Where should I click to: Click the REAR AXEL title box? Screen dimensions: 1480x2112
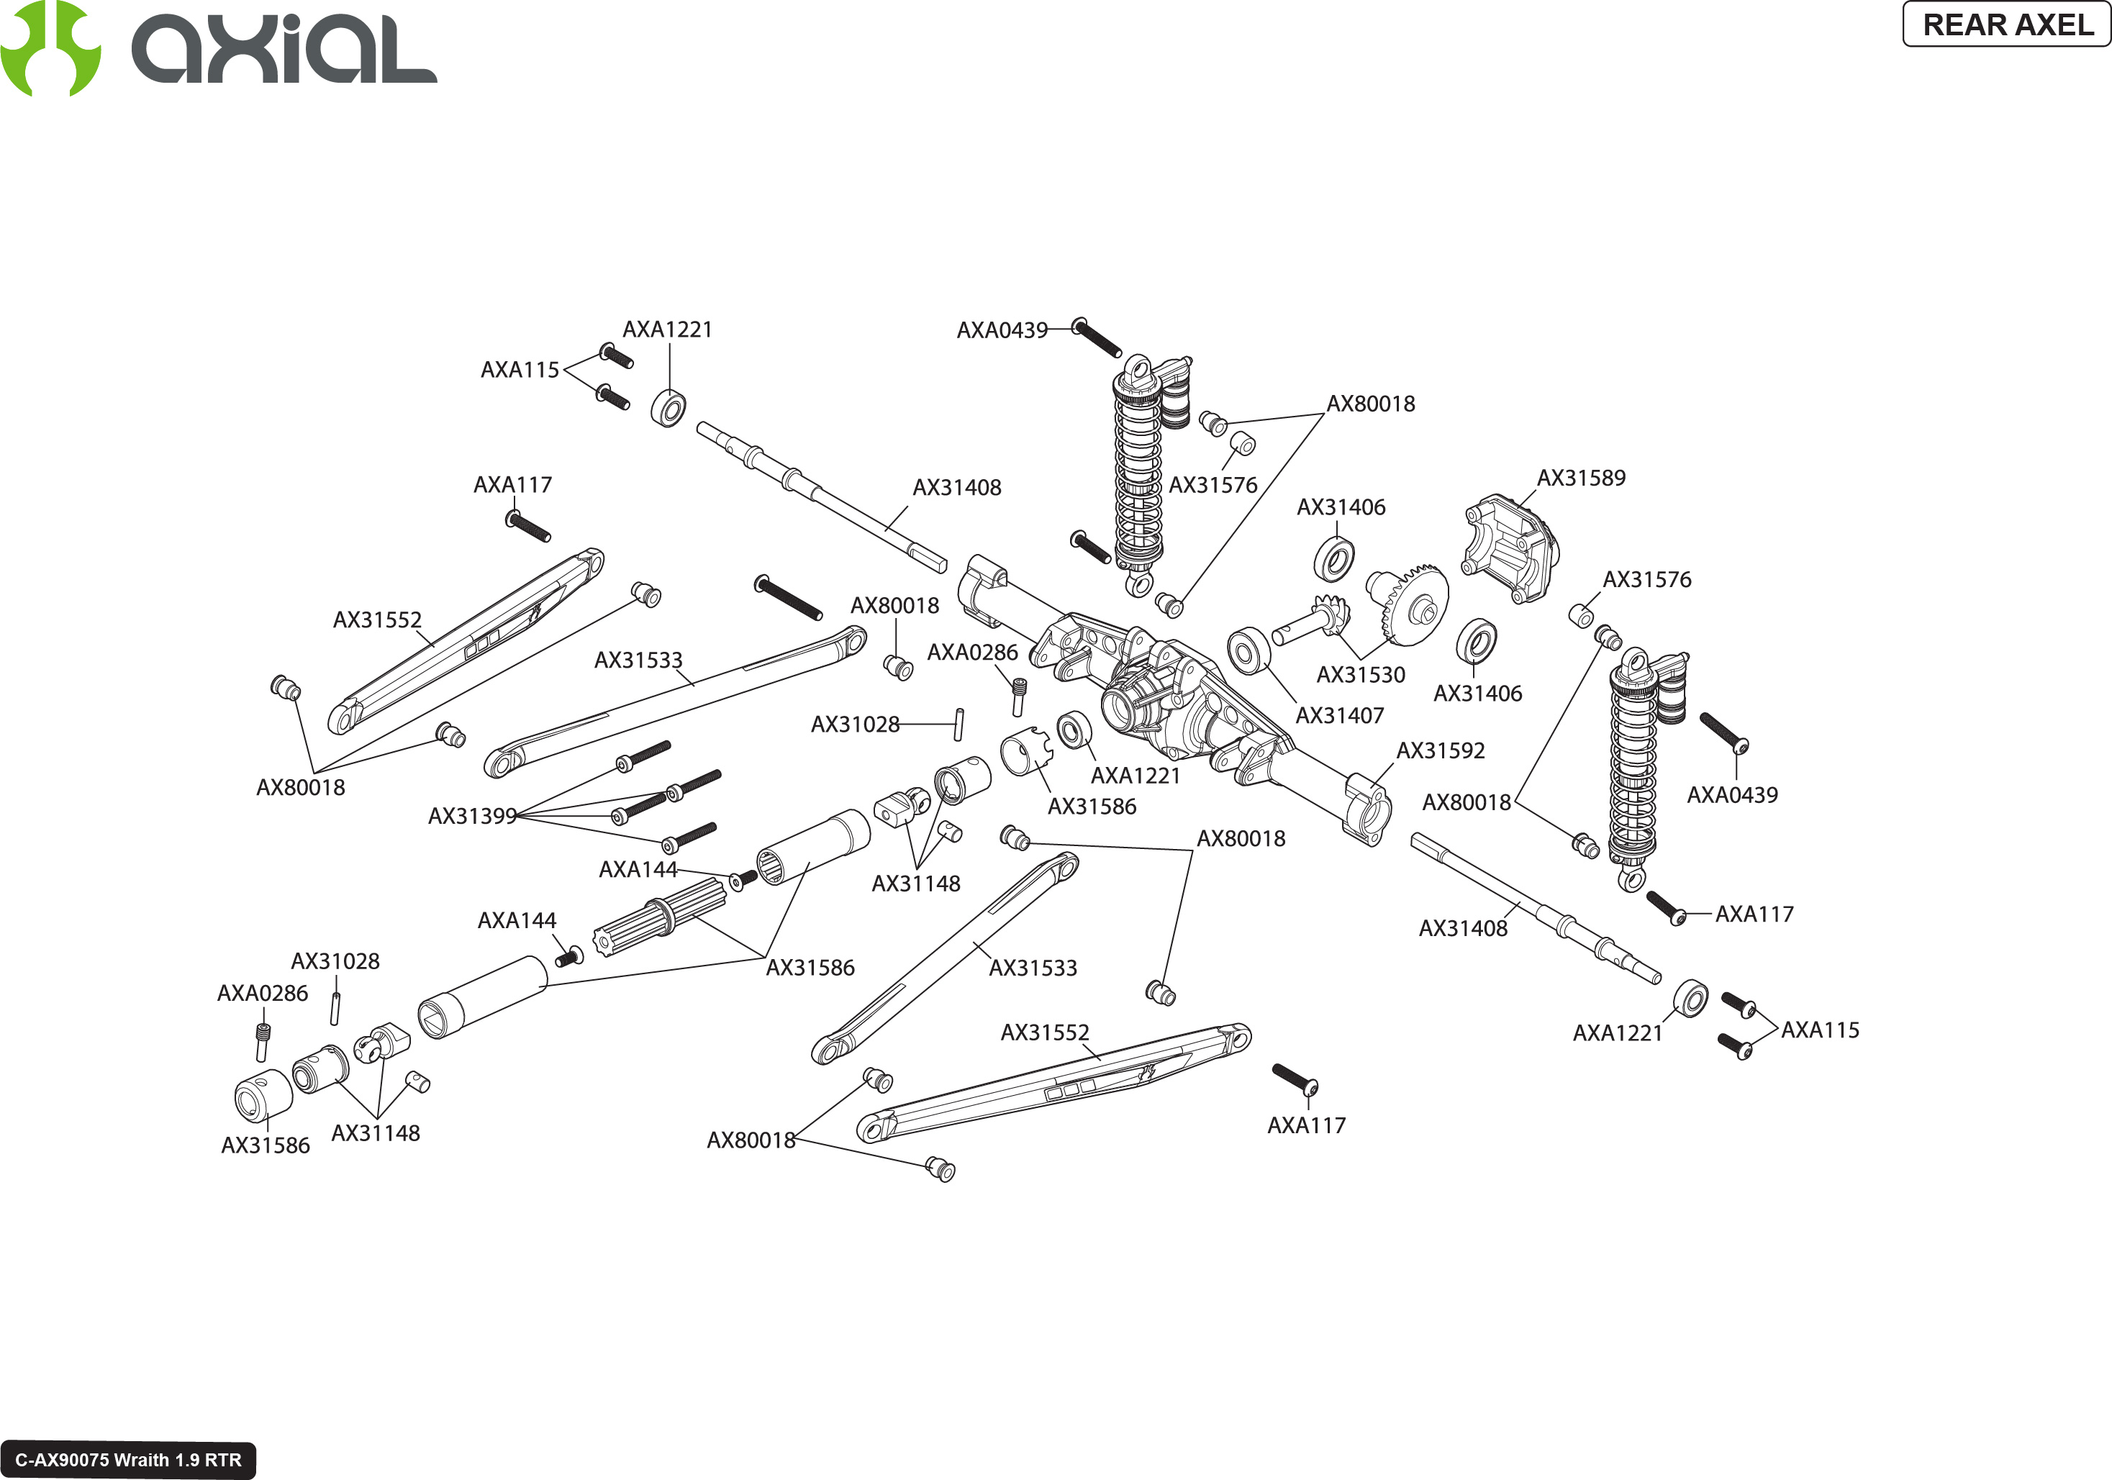(2006, 24)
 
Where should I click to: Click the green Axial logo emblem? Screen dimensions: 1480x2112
(50, 47)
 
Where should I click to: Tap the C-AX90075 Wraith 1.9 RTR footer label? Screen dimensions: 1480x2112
(128, 1460)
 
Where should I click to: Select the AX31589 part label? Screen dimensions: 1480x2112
(1581, 478)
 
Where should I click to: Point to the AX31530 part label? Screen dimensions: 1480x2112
(1361, 675)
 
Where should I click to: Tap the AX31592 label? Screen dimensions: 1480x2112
(1441, 750)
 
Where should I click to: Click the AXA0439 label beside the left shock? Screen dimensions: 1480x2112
(1002, 330)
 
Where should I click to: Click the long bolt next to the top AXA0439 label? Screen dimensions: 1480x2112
(1097, 337)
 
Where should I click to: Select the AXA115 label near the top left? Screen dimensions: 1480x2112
(520, 370)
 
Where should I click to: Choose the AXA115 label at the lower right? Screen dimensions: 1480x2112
(1819, 1030)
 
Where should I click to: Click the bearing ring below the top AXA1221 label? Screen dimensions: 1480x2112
(669, 409)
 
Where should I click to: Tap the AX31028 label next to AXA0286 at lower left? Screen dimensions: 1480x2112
(335, 961)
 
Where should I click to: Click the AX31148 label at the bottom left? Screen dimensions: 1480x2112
(376, 1133)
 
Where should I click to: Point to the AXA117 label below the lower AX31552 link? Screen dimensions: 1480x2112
(1306, 1126)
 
